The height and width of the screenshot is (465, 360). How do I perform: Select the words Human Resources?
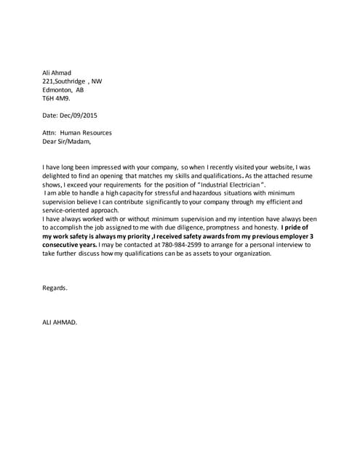(87, 134)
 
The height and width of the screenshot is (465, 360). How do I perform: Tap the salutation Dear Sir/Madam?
(68, 142)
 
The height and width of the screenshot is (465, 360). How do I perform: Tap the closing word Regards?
(55, 288)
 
